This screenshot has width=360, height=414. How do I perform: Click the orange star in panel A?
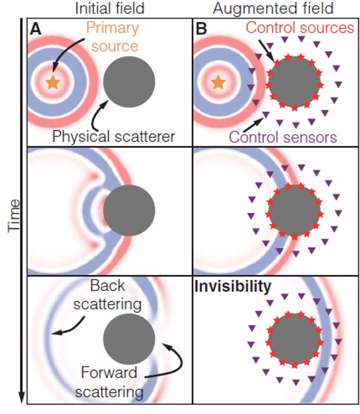(52, 82)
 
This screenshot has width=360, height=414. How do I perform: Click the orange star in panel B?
(218, 82)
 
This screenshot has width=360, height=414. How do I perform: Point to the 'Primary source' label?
(114, 36)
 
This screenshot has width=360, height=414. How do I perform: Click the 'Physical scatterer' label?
(114, 136)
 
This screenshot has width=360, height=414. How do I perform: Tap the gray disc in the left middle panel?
(129, 211)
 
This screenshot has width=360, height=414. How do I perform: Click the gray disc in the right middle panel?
(294, 211)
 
